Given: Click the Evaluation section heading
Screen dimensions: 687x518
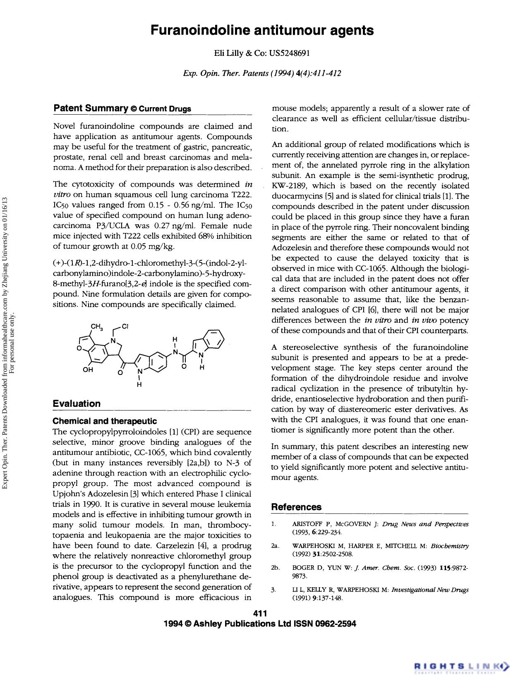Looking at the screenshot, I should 77,404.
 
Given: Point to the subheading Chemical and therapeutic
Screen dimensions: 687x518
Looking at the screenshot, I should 105,421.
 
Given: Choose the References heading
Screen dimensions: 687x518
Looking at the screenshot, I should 296,507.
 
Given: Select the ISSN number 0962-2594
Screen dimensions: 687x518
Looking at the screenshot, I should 336,624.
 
